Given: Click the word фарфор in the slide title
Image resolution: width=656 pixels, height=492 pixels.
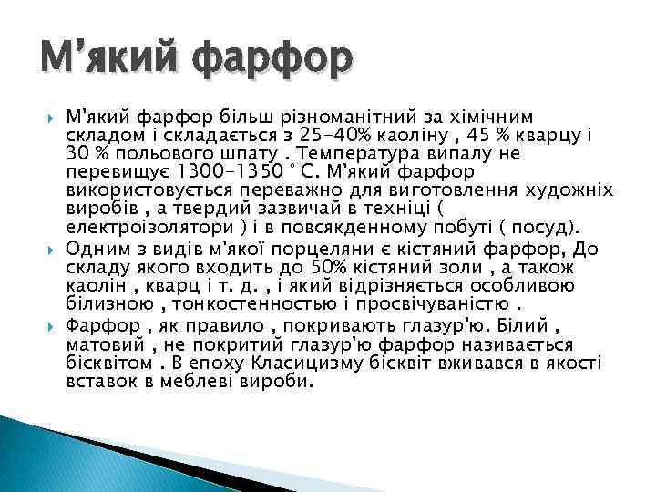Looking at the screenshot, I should (270, 60).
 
